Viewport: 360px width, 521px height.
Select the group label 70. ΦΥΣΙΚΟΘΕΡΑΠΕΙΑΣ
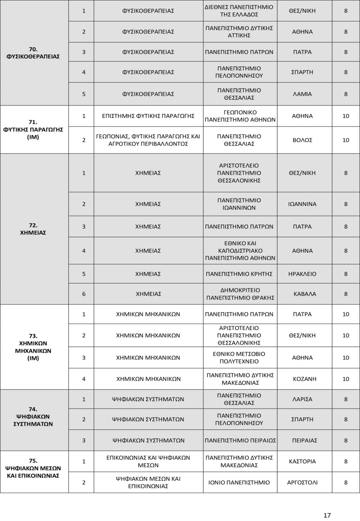[34, 53]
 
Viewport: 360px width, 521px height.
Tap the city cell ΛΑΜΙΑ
[302, 94]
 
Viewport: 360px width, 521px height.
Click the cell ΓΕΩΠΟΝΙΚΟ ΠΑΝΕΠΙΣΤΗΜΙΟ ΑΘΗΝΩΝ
[240, 116]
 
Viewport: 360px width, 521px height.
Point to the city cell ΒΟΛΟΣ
[302, 140]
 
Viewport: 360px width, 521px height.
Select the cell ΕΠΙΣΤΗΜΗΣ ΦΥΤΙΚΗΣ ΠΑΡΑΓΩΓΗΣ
[148, 116]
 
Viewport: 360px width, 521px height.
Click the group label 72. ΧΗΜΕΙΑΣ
[34, 229]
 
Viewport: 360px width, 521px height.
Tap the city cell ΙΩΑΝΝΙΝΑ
[302, 204]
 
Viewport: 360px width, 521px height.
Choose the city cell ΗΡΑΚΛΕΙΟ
[302, 274]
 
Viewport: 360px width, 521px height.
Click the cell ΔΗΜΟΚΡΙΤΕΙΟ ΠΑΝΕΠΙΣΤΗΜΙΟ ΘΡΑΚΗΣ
[240, 294]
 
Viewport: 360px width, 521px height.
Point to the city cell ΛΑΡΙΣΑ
[302, 399]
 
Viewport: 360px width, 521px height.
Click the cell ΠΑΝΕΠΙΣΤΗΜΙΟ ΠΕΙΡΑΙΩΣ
[240, 440]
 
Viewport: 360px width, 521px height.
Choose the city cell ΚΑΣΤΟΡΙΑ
[302, 461]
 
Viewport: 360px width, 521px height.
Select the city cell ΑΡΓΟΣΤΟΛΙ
[302, 482]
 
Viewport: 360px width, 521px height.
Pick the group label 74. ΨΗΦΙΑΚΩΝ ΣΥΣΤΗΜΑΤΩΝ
[34, 417]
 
